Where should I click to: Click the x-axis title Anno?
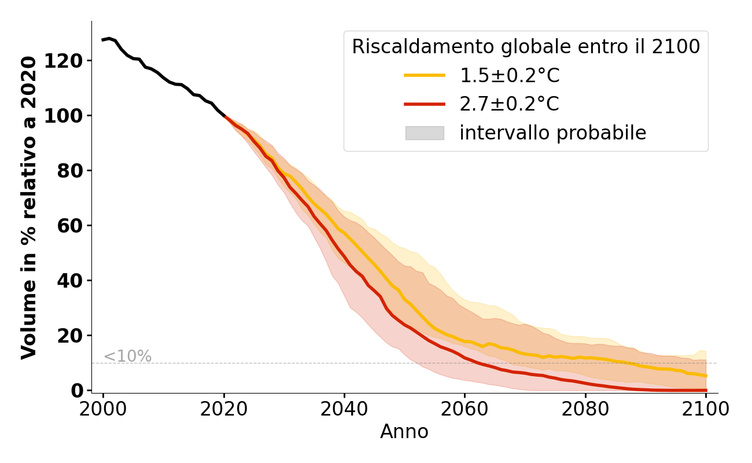(404, 432)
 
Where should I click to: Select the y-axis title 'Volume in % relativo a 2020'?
(30, 207)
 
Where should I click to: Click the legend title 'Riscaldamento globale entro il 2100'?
(526, 47)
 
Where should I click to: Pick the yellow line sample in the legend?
(425, 75)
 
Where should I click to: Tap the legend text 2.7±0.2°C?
(510, 104)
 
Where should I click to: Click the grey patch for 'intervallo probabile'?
(425, 133)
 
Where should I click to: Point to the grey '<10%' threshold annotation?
(127, 357)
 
